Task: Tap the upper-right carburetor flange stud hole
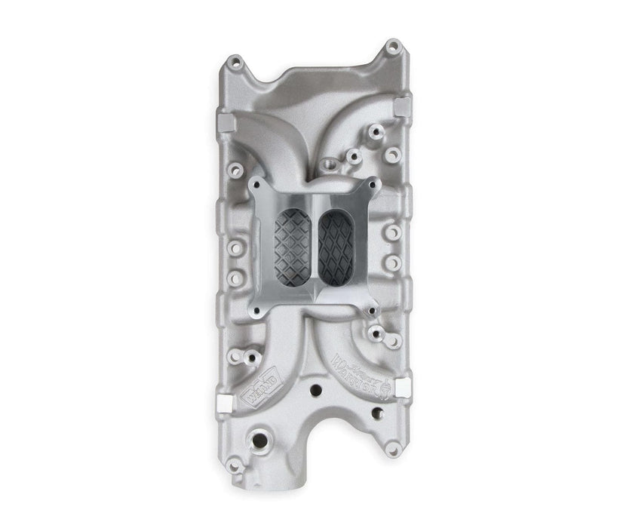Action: [370, 184]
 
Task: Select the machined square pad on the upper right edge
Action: [402, 103]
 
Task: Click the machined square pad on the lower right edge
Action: [401, 385]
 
